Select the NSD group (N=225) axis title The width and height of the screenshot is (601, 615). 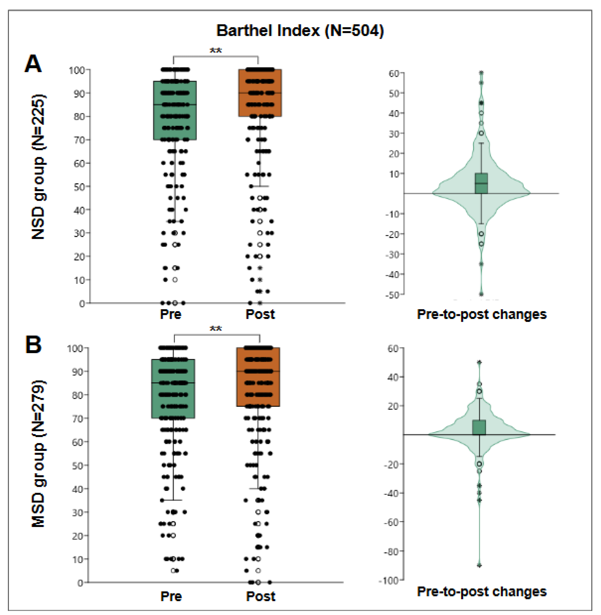click(x=38, y=167)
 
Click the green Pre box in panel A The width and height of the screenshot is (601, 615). click(x=175, y=110)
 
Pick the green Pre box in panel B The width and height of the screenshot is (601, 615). click(x=173, y=389)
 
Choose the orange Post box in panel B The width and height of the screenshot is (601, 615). click(x=258, y=377)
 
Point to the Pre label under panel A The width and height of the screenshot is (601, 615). click(x=171, y=314)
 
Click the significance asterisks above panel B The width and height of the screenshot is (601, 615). click(x=216, y=329)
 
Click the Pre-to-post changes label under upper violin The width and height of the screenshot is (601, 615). click(x=482, y=315)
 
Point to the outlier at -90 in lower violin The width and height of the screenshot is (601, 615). click(x=479, y=566)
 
